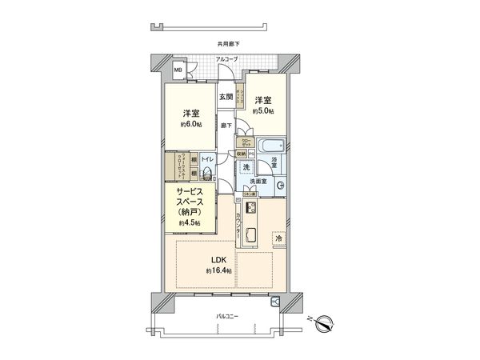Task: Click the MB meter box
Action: tap(178, 70)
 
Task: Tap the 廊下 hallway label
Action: tap(226, 125)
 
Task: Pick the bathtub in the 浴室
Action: tap(268, 146)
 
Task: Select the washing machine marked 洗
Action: tap(246, 168)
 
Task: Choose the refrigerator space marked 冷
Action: tap(279, 238)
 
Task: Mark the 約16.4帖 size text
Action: tap(218, 272)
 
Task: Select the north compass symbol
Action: tap(324, 323)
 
